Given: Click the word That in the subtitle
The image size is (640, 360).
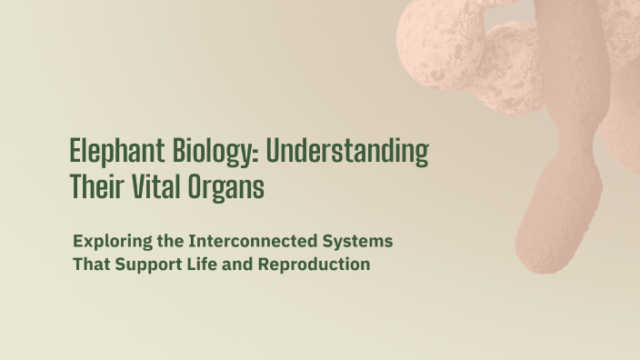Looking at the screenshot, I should [x=89, y=265].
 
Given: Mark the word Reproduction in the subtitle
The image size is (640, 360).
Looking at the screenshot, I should [x=314, y=265].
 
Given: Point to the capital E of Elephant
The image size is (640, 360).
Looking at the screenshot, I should [x=76, y=150].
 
